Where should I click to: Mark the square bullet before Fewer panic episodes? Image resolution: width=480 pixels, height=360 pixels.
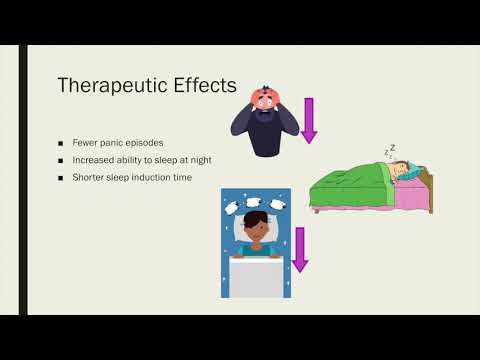click(61, 142)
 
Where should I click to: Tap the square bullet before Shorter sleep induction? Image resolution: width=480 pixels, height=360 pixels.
click(61, 178)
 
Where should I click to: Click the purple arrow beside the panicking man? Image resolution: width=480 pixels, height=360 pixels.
click(308, 120)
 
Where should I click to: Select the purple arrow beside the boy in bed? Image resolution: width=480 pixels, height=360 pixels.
click(299, 248)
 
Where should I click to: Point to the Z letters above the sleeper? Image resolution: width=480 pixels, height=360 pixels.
click(389, 153)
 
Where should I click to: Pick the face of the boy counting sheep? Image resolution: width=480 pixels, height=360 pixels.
click(256, 236)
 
